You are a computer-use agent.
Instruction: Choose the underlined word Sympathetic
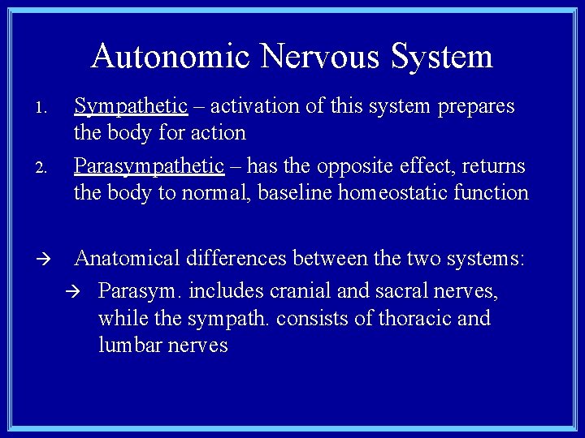(x=131, y=107)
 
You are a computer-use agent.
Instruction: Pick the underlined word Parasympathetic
(x=149, y=166)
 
